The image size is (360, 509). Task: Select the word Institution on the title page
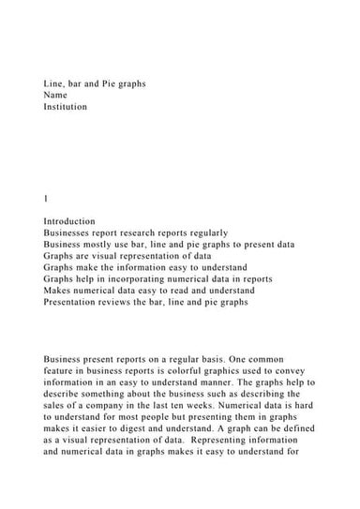[x=66, y=107]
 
